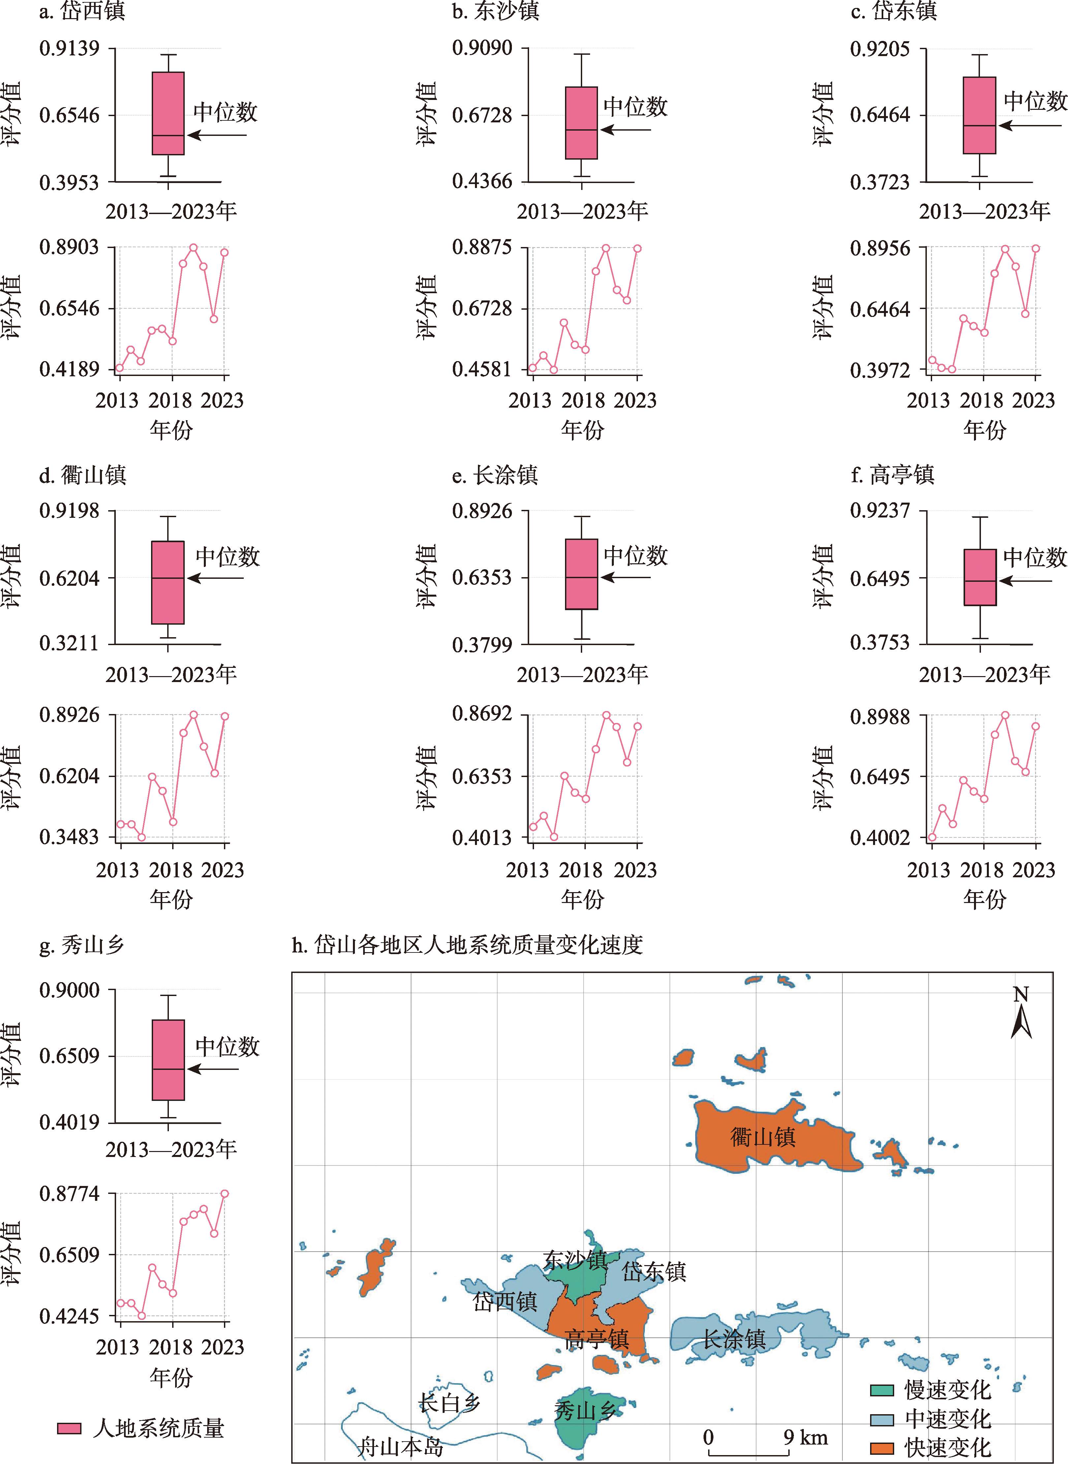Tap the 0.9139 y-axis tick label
click(69, 48)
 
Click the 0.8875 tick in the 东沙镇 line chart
click(482, 248)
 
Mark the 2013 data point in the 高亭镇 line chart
click(931, 837)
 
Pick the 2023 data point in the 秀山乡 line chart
click(225, 1194)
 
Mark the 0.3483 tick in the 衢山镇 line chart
click(69, 837)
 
